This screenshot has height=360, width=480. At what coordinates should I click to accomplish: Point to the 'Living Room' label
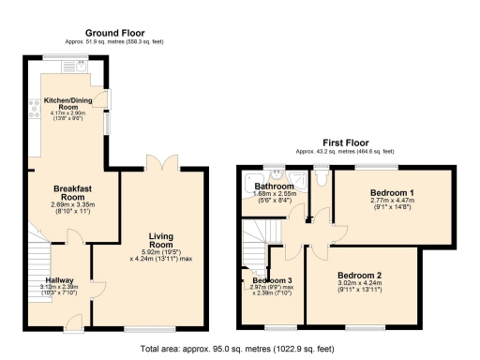(x=162, y=242)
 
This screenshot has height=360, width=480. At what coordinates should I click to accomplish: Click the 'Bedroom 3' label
(x=269, y=279)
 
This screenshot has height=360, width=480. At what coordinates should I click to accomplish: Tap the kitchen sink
(x=81, y=67)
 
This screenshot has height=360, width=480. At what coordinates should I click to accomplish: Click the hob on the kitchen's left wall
(x=36, y=108)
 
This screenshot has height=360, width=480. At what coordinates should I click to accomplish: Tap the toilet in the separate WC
(x=322, y=175)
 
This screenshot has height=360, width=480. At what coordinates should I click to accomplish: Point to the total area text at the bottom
(x=239, y=349)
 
